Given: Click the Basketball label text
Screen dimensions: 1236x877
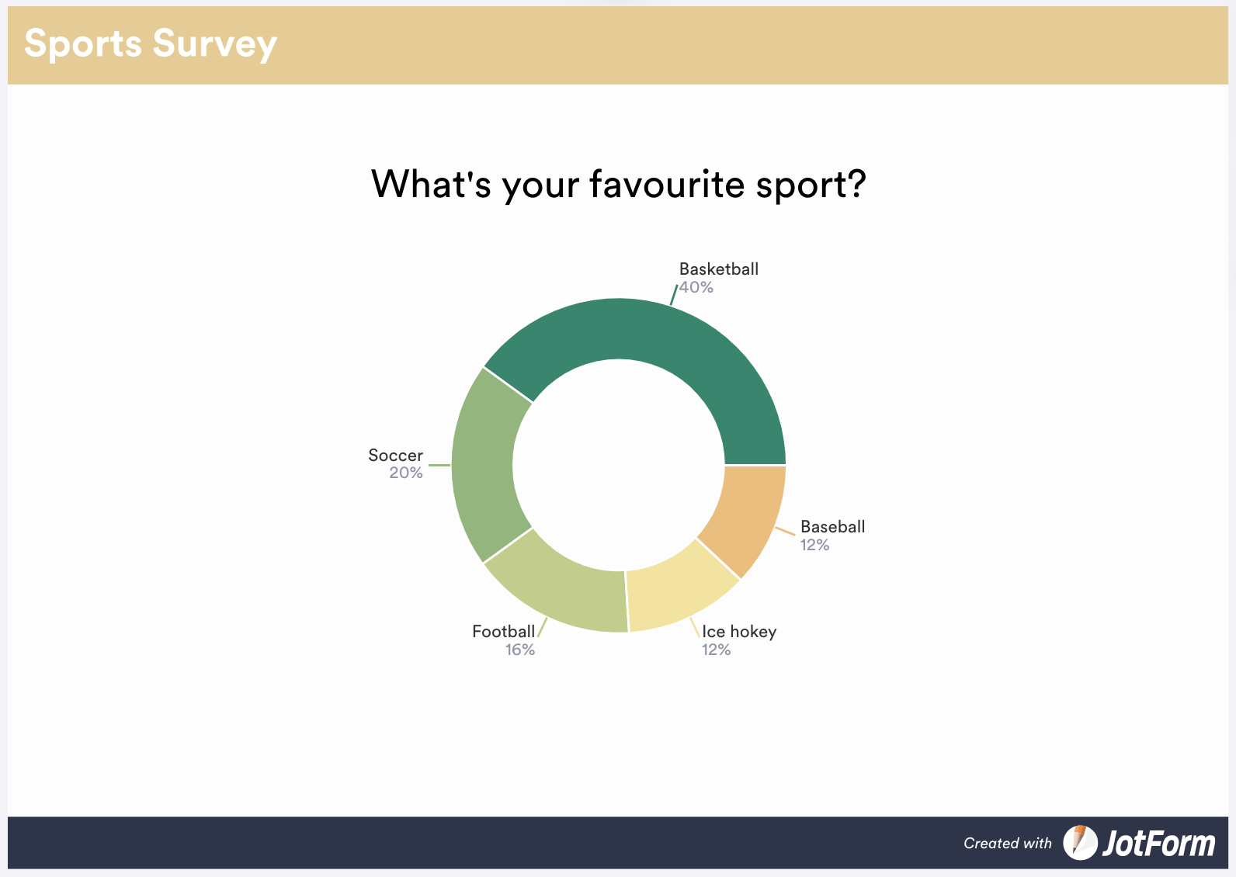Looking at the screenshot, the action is [718, 269].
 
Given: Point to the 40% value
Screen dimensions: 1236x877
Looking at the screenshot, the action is [696, 287].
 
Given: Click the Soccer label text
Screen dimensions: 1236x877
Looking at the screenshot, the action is [395, 455].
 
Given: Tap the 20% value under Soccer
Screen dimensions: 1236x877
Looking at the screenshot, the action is [405, 473].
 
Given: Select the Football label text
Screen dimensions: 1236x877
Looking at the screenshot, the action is [503, 632].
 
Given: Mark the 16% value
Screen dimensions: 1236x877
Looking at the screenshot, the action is [519, 650].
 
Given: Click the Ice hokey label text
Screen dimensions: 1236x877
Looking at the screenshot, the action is [739, 632].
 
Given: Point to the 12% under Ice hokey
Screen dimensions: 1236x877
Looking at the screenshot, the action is [716, 650].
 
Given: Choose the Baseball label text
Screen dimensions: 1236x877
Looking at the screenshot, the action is [832, 527].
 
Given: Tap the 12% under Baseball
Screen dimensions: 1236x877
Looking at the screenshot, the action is [814, 545].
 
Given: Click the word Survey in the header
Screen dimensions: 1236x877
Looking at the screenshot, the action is [214, 44].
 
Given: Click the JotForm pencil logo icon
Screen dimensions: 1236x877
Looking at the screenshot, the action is [1080, 842].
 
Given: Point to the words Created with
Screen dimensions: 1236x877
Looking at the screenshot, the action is [1008, 844].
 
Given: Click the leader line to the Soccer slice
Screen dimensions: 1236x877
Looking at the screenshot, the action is [439, 466].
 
